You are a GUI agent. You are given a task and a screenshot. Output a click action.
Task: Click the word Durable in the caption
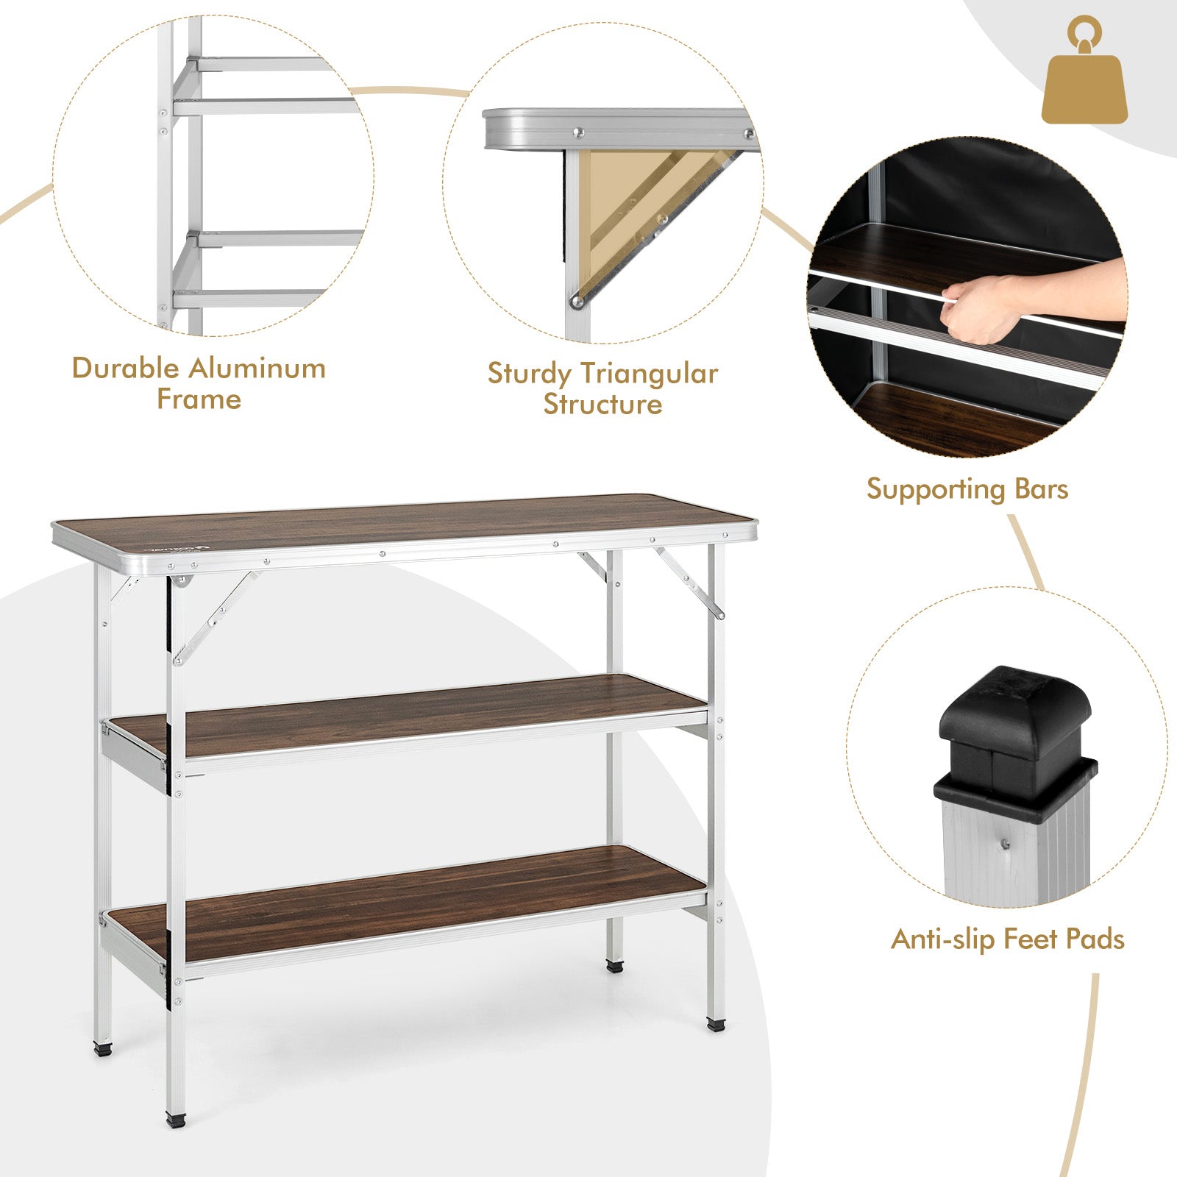[x=126, y=368]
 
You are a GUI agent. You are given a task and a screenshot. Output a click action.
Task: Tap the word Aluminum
[x=257, y=368]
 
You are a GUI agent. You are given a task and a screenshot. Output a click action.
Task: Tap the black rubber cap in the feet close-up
[x=1015, y=743]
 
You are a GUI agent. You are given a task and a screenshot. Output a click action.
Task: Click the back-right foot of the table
[x=614, y=965]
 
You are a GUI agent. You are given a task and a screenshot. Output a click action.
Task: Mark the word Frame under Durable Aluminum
[x=199, y=399]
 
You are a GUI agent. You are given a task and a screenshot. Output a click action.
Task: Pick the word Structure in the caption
[x=602, y=404]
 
